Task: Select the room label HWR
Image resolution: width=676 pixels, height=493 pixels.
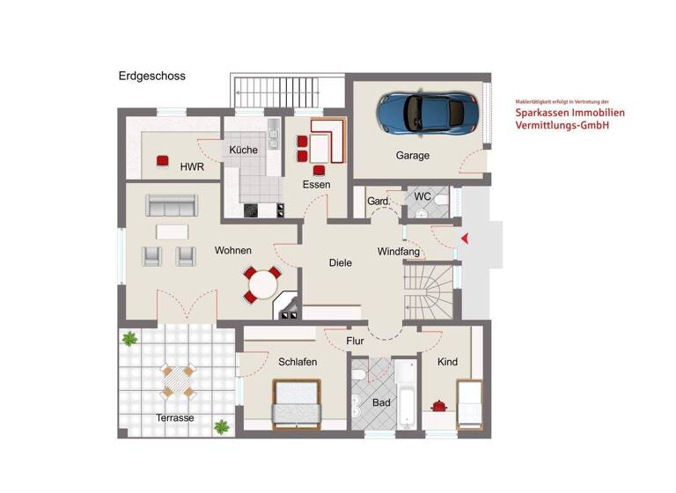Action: pos(192,166)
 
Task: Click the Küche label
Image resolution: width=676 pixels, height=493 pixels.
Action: pos(244,150)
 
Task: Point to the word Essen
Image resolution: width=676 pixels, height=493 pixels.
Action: pos(316,185)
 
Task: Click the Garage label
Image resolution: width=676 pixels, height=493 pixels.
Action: pos(412,156)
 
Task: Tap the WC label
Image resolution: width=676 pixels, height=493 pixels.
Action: pos(422,196)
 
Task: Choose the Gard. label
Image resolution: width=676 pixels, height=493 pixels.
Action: pos(378,202)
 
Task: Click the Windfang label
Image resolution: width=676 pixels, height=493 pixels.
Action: pos(399,253)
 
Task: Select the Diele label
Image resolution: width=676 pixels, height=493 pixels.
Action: pos(341,262)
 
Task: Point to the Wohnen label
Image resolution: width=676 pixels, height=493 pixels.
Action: pos(233,251)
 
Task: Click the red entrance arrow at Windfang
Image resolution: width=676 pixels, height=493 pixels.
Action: pos(466,238)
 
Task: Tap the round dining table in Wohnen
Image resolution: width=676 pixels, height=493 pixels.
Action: pos(262,285)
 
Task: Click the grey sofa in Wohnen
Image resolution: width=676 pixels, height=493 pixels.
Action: pos(172,205)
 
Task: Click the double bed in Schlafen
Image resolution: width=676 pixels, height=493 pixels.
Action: pos(297,404)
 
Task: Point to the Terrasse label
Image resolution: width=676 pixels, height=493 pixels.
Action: pos(175,417)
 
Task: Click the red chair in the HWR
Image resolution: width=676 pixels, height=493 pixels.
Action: pos(163,160)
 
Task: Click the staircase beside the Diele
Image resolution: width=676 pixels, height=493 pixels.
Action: pos(428,291)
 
